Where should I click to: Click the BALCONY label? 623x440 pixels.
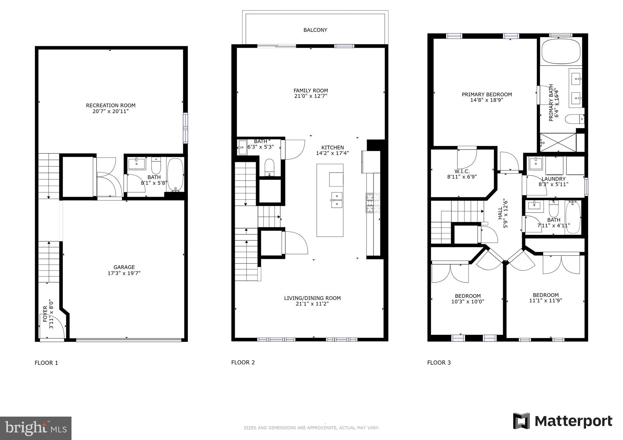point(315,30)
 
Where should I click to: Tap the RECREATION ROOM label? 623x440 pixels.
point(111,105)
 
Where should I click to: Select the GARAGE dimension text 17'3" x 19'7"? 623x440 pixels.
point(124,273)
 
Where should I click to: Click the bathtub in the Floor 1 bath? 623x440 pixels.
point(175,174)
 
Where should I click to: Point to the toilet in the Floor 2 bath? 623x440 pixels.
point(270,167)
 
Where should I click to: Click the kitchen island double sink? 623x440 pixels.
point(336,200)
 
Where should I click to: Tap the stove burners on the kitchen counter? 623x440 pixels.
point(373,203)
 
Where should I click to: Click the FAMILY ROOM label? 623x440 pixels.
point(311,91)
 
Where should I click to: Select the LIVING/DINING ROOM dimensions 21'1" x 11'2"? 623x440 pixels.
point(312,304)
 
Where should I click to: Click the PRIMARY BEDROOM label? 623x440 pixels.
point(487,95)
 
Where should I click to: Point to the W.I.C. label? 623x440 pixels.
point(462,171)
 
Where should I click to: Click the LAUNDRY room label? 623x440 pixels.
point(553,179)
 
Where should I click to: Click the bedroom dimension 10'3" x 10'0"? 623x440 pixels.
point(468,301)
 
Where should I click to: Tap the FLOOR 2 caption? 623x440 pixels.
point(243,362)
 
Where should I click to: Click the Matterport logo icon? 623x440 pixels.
point(521,421)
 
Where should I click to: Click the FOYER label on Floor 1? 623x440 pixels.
point(45,314)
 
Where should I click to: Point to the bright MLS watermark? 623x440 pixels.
point(36,428)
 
